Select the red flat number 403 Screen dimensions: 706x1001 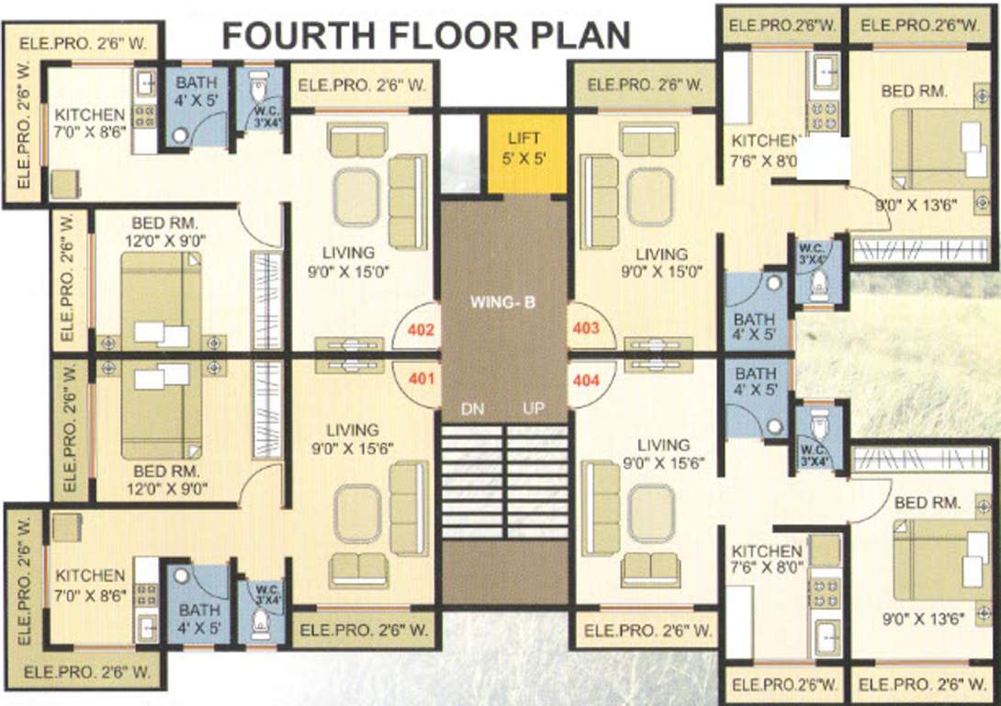(x=586, y=328)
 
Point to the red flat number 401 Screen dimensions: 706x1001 (x=418, y=377)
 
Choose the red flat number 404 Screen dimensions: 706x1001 (x=586, y=377)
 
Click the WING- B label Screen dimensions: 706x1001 (x=502, y=301)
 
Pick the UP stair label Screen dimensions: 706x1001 (x=534, y=408)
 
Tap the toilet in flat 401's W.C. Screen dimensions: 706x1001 (x=260, y=627)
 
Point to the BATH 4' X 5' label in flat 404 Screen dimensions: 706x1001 (x=755, y=382)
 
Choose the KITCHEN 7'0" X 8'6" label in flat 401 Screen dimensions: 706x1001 (x=90, y=584)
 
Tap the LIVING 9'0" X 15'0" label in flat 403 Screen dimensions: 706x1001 (x=662, y=262)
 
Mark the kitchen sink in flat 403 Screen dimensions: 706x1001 (x=824, y=68)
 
